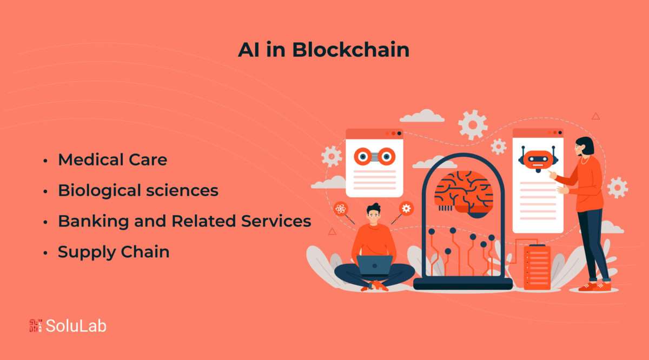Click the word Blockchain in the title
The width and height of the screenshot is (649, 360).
[x=350, y=50]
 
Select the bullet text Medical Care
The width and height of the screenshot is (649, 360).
[x=112, y=159]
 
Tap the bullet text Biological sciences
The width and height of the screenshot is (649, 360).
[x=138, y=191]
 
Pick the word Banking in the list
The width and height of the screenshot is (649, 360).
[x=93, y=222]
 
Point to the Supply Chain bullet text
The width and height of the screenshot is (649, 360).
[x=114, y=252]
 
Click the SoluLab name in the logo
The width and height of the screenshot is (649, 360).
[x=76, y=326]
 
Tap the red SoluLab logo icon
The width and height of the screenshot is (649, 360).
[x=36, y=326]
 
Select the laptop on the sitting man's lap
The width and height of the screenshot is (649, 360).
[x=374, y=265]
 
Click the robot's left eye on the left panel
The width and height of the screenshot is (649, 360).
[x=363, y=157]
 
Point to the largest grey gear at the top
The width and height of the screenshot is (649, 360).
[x=473, y=125]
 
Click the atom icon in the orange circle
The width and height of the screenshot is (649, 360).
[x=341, y=209]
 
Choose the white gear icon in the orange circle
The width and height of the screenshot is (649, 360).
[x=406, y=208]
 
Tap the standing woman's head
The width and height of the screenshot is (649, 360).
[x=584, y=146]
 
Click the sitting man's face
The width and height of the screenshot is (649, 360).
[x=374, y=216]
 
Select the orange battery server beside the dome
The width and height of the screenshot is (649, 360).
[x=537, y=266]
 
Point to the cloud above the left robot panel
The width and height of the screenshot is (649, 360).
[x=422, y=116]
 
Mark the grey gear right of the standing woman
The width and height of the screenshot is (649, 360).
[x=618, y=188]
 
